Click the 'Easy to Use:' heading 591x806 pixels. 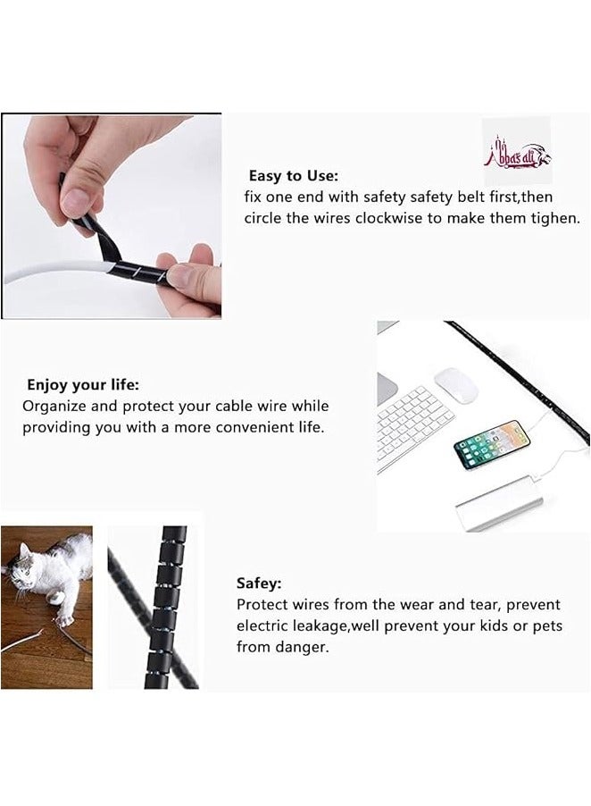[x=293, y=176]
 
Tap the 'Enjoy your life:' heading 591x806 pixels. [x=82, y=385]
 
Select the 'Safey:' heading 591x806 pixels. [x=259, y=583]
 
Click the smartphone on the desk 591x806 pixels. [x=492, y=444]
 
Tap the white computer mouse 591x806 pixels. [x=456, y=385]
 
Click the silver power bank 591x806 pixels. [x=500, y=504]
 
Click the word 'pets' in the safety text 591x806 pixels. [x=545, y=625]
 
